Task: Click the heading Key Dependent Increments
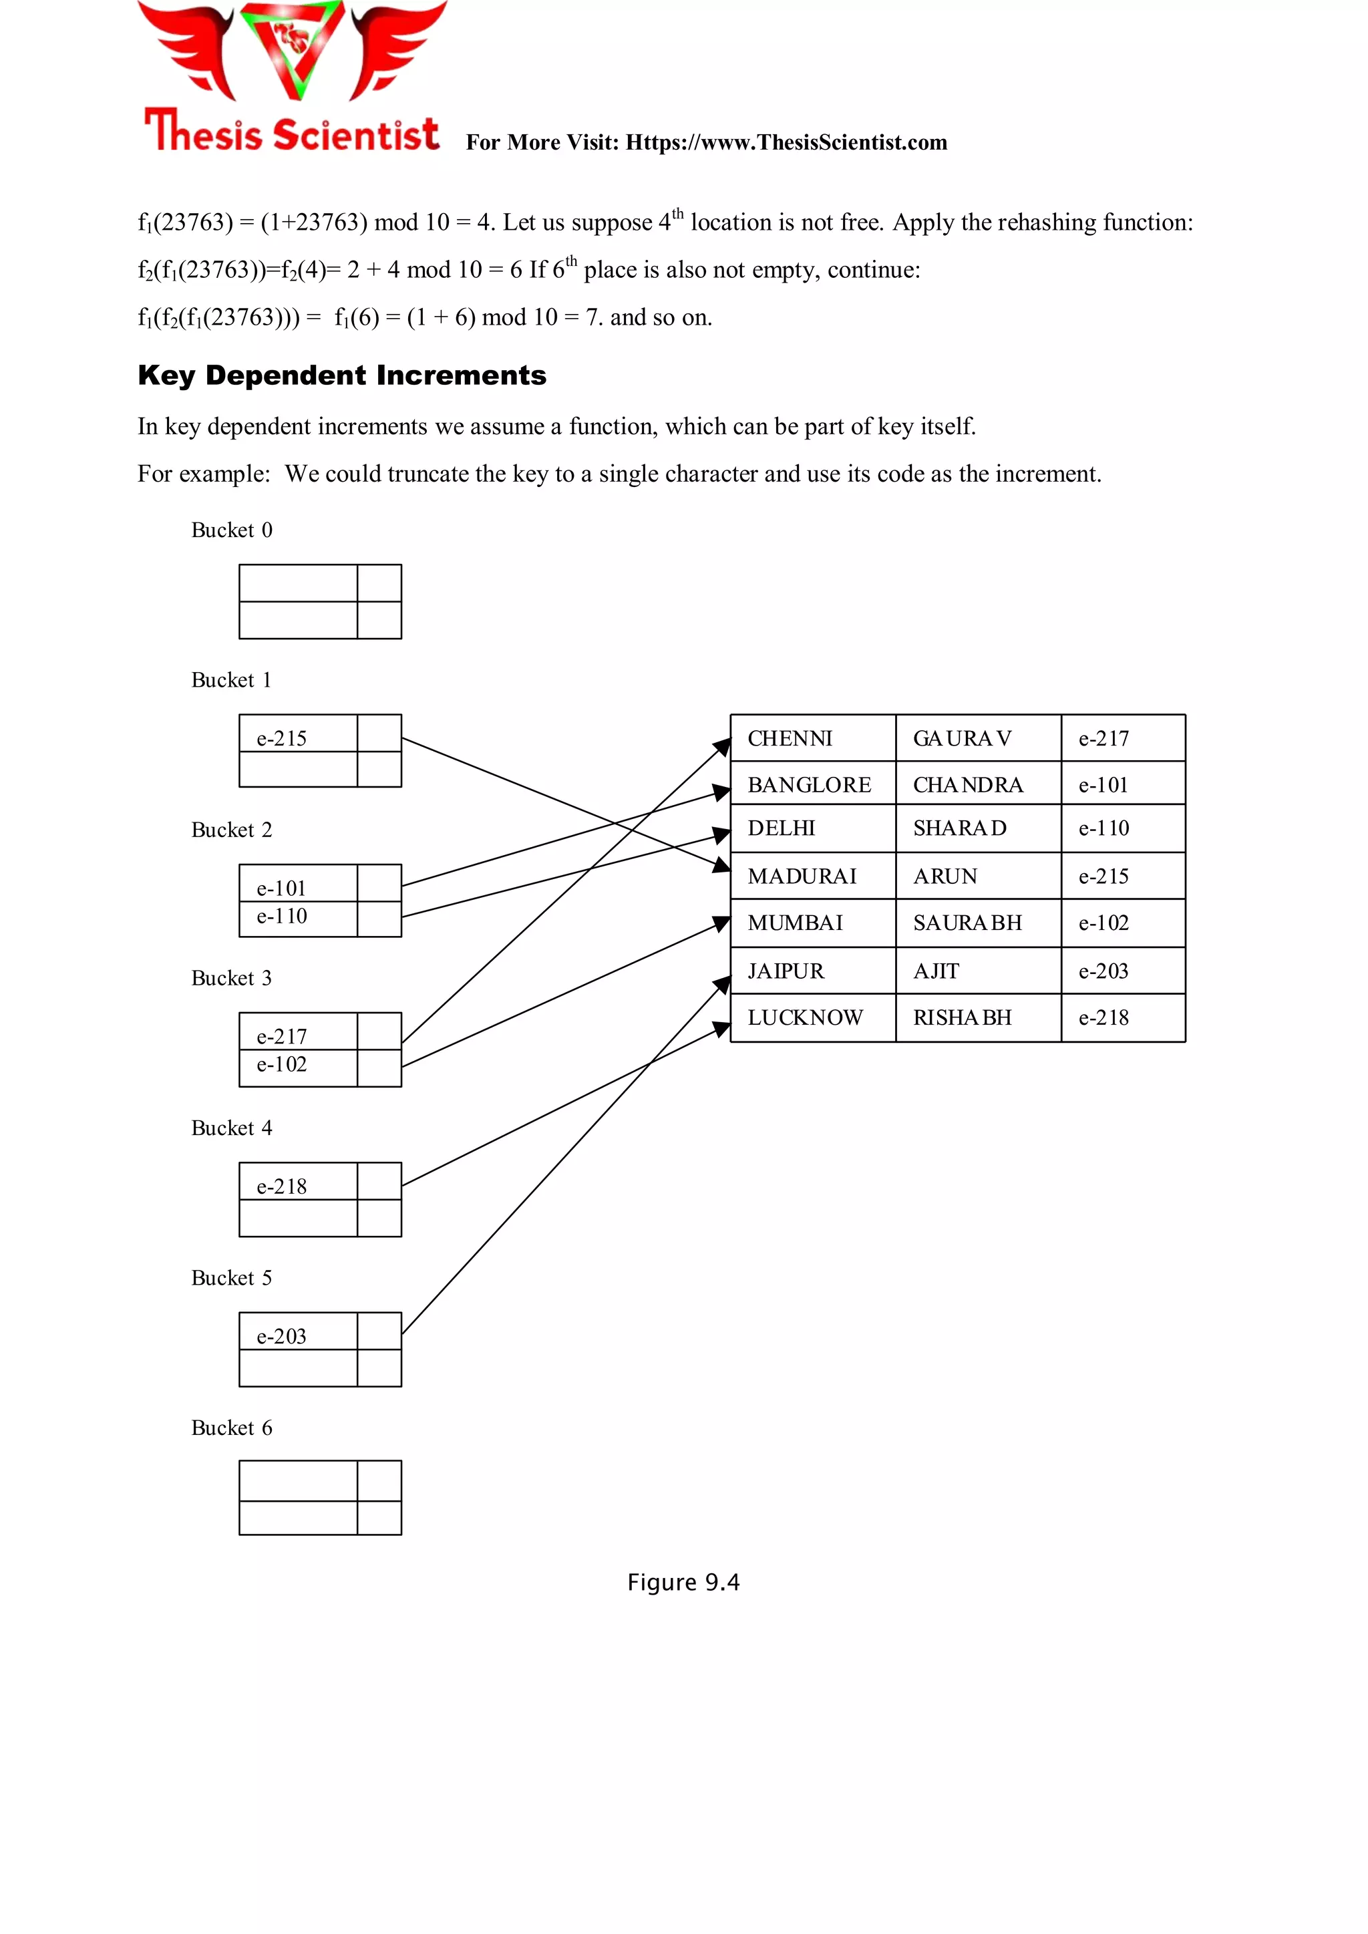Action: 342,375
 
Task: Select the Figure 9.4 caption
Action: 683,1582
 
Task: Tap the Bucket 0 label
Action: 232,530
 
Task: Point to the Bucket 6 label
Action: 232,1428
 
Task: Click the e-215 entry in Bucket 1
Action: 282,738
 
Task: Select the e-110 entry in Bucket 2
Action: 282,917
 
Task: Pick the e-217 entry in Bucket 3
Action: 282,1036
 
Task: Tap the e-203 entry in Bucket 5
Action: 282,1336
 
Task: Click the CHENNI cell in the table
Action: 790,739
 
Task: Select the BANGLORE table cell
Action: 810,785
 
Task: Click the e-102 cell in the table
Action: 1103,923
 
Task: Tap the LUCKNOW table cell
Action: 806,1017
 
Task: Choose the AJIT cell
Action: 936,971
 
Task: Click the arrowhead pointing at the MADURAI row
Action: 722,865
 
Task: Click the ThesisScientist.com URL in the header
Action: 786,142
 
